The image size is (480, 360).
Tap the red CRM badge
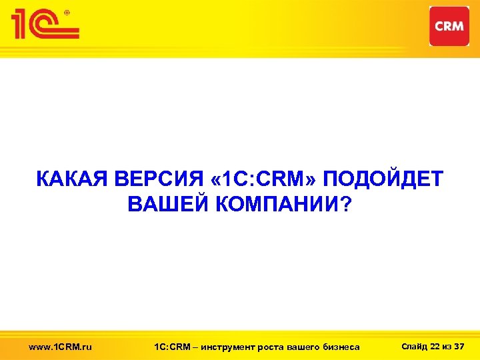[449, 26]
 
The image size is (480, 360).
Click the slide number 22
[436, 346]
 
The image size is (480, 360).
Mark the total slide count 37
[459, 346]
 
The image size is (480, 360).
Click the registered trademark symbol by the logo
[65, 11]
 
